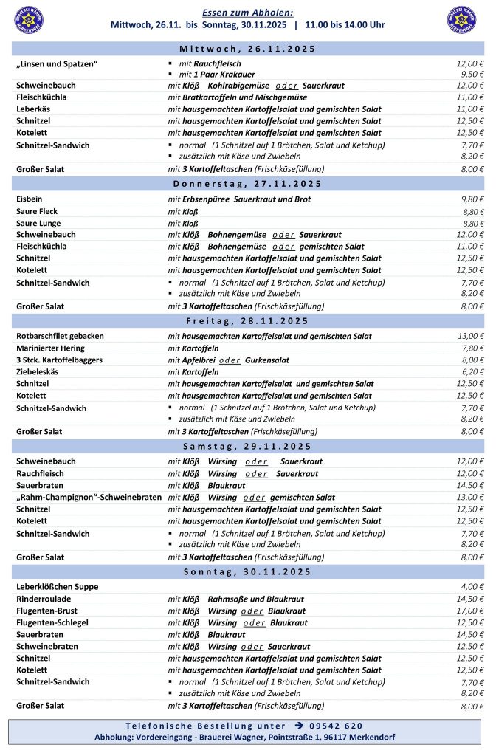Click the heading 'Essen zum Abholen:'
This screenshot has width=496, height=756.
click(x=247, y=13)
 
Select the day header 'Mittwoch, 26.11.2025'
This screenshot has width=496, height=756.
click(x=247, y=49)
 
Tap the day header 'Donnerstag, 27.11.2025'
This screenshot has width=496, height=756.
click(x=247, y=184)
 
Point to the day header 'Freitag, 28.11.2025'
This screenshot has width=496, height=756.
click(x=247, y=321)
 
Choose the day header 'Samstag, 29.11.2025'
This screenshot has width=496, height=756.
click(x=247, y=447)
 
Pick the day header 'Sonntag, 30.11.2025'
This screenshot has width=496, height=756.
click(x=247, y=572)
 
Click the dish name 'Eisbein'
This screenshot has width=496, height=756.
click(x=30, y=199)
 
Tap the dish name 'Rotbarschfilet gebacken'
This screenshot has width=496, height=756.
click(x=60, y=336)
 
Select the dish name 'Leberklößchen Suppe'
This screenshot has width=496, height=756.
click(x=57, y=587)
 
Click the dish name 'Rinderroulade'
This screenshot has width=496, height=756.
click(x=44, y=599)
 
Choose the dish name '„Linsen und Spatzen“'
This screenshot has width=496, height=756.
click(x=58, y=63)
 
